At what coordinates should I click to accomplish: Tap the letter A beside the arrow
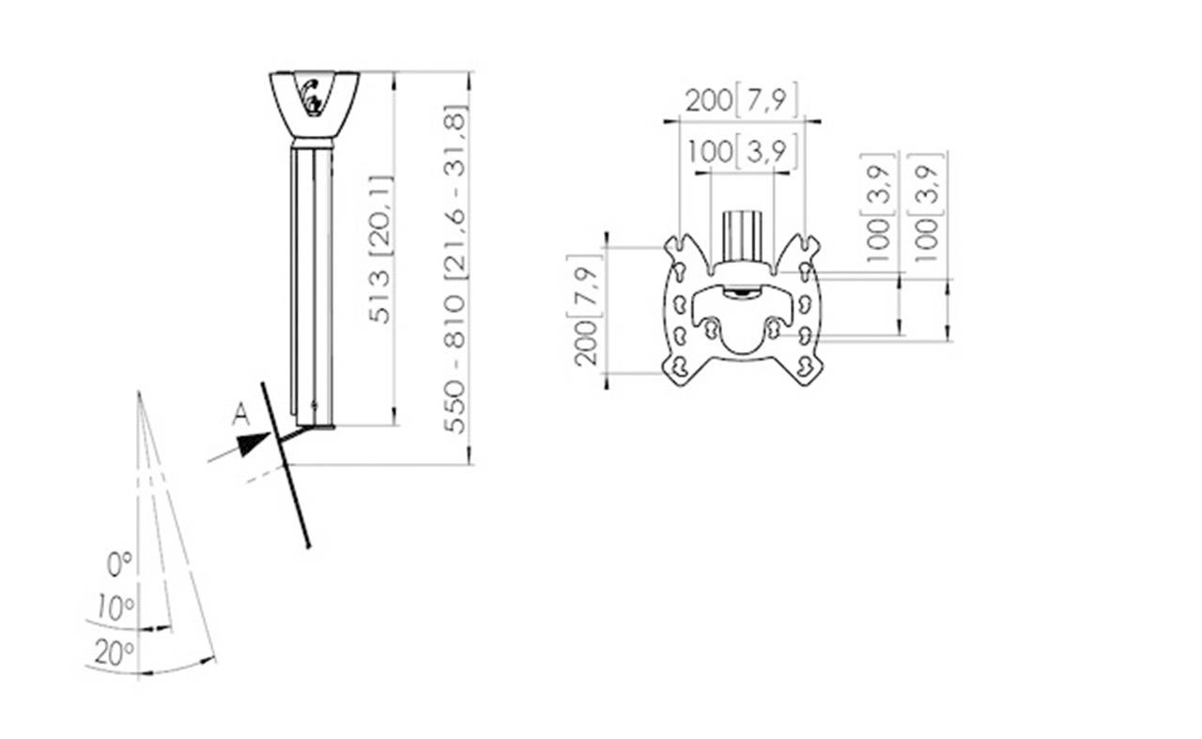coord(241,415)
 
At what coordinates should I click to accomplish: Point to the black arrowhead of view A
coord(253,444)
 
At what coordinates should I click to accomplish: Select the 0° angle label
coord(119,564)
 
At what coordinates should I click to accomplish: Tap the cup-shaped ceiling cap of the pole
coord(315,105)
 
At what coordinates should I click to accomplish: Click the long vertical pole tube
coord(313,282)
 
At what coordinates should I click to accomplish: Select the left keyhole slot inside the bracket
coord(712,328)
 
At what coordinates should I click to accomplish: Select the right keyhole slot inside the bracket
coord(774,328)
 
